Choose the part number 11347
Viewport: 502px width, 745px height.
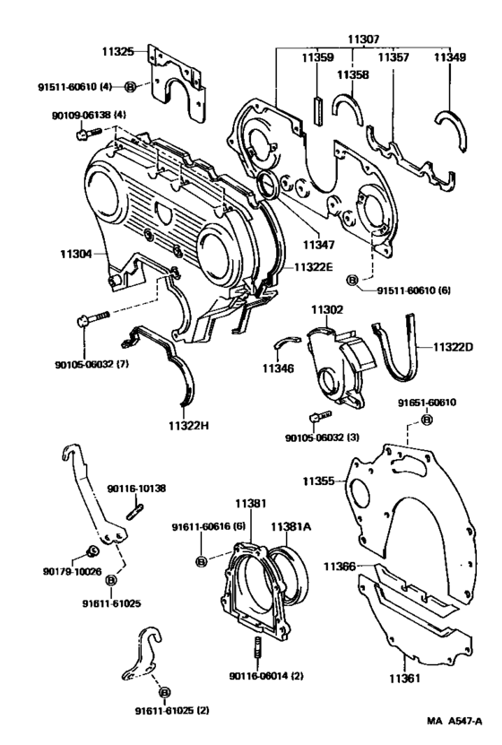click(317, 243)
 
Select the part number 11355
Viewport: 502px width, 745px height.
click(318, 481)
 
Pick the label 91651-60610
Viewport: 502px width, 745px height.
click(427, 403)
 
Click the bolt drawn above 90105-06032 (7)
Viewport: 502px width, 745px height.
click(92, 318)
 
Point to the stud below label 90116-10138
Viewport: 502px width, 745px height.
click(138, 512)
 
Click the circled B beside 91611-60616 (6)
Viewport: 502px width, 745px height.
click(201, 561)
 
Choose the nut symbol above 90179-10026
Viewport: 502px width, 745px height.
click(91, 550)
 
